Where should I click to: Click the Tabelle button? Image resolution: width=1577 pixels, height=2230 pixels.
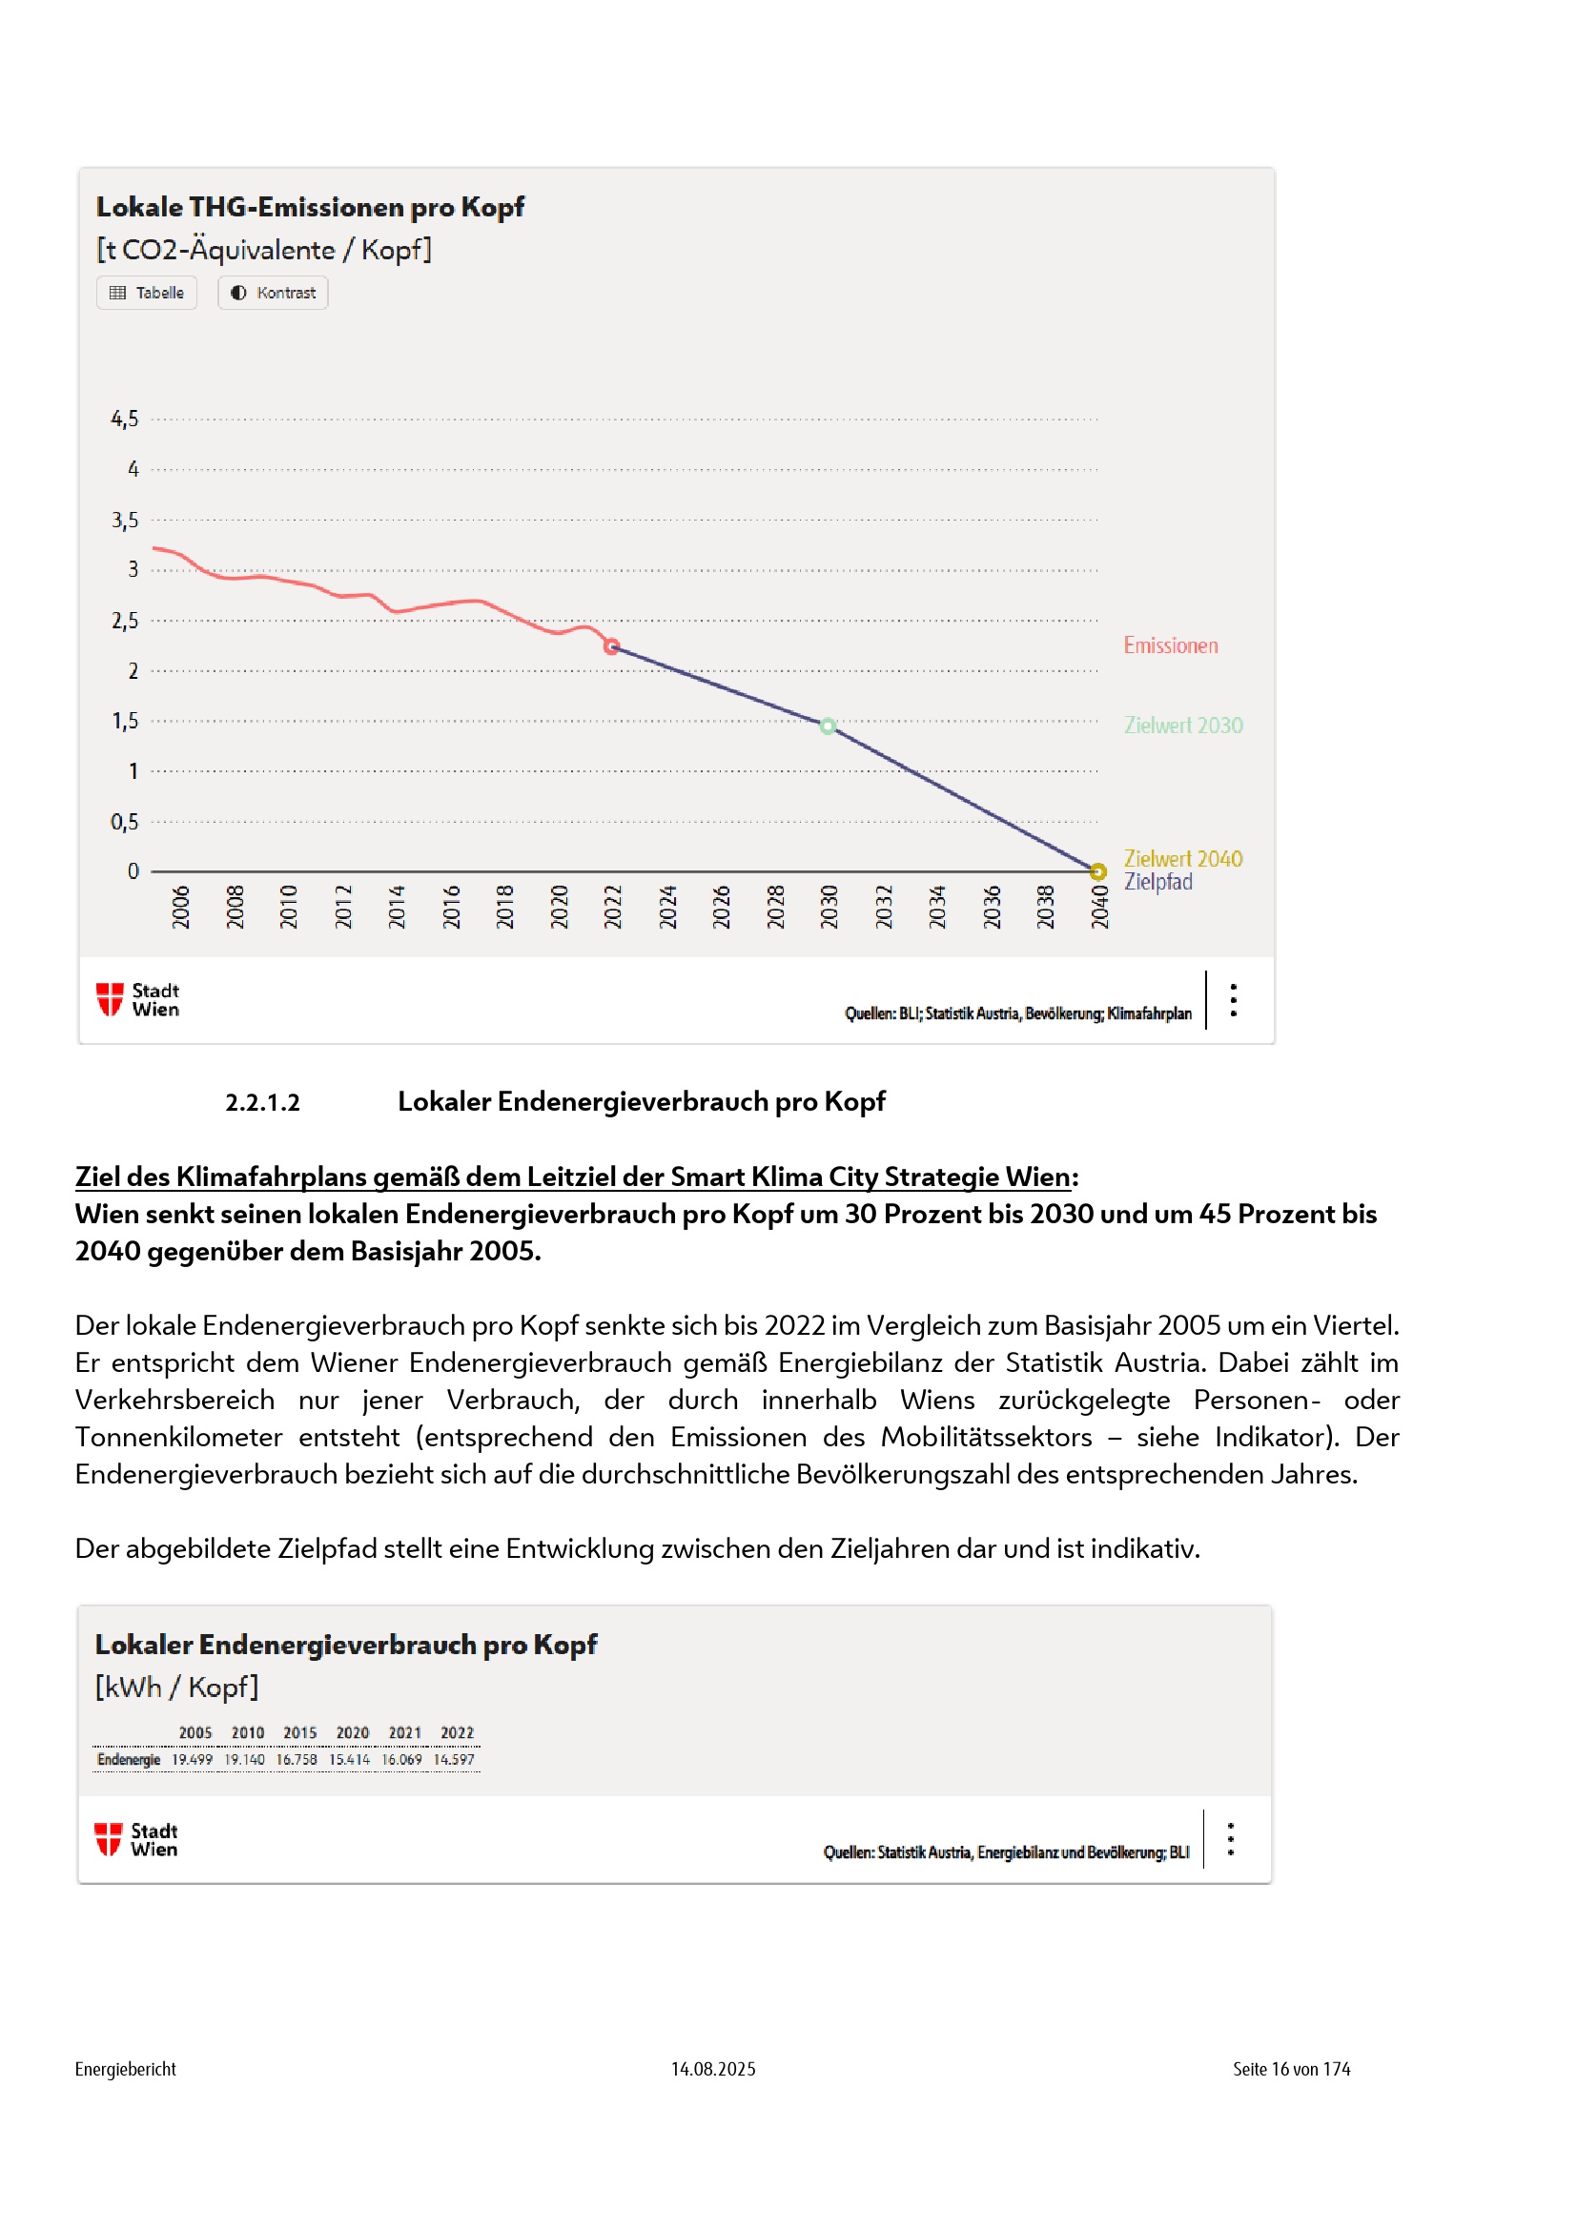(147, 293)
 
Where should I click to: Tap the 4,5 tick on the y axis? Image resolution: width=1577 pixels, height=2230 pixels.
(125, 419)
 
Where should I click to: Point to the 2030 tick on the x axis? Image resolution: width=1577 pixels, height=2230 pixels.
(829, 906)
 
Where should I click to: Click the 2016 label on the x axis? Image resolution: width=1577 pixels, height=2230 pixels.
(452, 906)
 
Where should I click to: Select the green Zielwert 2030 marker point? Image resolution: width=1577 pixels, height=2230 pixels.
(828, 726)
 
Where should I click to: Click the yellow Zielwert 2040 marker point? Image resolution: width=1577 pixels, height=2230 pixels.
(1097, 870)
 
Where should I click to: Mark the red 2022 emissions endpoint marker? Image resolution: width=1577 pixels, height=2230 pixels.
(612, 645)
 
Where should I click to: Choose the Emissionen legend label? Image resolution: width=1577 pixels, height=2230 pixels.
(1170, 645)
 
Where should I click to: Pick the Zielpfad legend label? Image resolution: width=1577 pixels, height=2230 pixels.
(1157, 882)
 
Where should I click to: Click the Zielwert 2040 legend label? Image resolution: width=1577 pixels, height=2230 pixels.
(1182, 859)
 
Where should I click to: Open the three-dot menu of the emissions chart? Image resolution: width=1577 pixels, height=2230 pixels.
(1233, 999)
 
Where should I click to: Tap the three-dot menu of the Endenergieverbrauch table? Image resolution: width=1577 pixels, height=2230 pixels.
(1230, 1838)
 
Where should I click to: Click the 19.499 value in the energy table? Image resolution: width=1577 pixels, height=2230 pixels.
(193, 1759)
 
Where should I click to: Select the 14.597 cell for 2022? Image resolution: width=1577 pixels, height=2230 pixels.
(454, 1759)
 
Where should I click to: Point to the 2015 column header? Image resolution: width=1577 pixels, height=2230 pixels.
(300, 1732)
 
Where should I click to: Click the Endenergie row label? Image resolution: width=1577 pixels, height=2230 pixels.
(128, 1759)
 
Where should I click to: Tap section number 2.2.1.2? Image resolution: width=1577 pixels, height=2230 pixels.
(262, 1102)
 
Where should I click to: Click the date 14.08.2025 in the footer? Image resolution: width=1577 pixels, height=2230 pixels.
(713, 2069)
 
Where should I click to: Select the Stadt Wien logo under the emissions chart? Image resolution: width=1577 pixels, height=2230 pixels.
(138, 999)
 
